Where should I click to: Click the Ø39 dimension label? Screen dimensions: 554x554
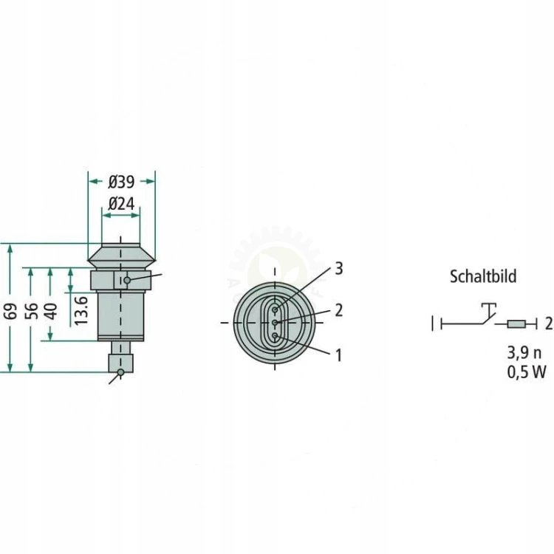[x=121, y=182]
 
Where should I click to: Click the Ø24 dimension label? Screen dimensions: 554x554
[x=121, y=204]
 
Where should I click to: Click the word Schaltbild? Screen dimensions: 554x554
[x=483, y=276]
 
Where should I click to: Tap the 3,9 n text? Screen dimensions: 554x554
[x=524, y=352]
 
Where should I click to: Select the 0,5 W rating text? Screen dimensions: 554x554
[x=527, y=372]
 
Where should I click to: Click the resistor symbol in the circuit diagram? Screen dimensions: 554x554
[x=516, y=324]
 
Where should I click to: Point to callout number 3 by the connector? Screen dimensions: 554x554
[x=339, y=269]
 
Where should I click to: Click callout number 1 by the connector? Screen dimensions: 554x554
[x=339, y=355]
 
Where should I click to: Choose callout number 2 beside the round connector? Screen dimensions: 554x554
[x=339, y=310]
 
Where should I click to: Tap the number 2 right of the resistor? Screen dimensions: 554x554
[x=549, y=324]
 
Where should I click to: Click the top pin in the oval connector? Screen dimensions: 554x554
[x=275, y=310]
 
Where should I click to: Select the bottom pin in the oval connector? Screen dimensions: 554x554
[x=275, y=335]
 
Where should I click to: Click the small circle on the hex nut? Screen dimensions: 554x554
[x=127, y=280]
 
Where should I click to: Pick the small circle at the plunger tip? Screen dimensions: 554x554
[x=121, y=372]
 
